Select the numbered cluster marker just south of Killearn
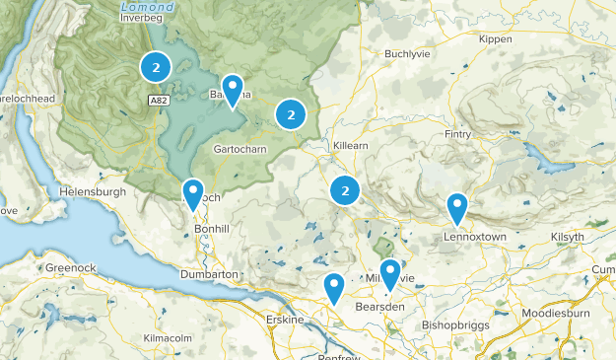click(x=344, y=189)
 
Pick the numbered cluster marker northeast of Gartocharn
click(x=290, y=114)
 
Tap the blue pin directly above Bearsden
click(x=391, y=274)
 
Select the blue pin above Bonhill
click(x=193, y=193)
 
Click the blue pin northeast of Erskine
click(x=334, y=288)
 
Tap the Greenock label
click(x=70, y=267)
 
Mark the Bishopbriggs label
click(x=454, y=324)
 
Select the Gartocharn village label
click(x=240, y=149)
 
